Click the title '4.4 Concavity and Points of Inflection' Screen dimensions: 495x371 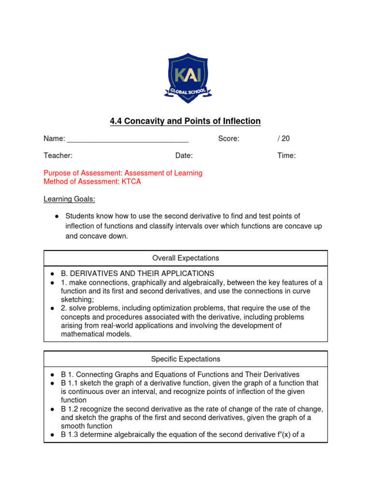click(185, 121)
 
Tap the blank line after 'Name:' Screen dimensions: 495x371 click(128, 139)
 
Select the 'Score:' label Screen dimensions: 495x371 click(228, 139)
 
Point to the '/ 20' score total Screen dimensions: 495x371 click(284, 139)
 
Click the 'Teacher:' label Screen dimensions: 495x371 click(58, 156)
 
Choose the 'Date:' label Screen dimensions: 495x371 click(184, 156)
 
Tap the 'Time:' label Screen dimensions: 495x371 click(286, 156)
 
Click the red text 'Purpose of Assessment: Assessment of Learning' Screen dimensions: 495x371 click(123, 173)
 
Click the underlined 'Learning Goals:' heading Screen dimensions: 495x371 click(64, 199)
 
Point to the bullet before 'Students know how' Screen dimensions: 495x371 click(57, 217)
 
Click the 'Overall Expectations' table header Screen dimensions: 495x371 click(185, 258)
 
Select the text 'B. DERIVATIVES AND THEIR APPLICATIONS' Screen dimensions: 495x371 click(137, 274)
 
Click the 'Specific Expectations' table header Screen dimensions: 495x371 click(185, 359)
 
